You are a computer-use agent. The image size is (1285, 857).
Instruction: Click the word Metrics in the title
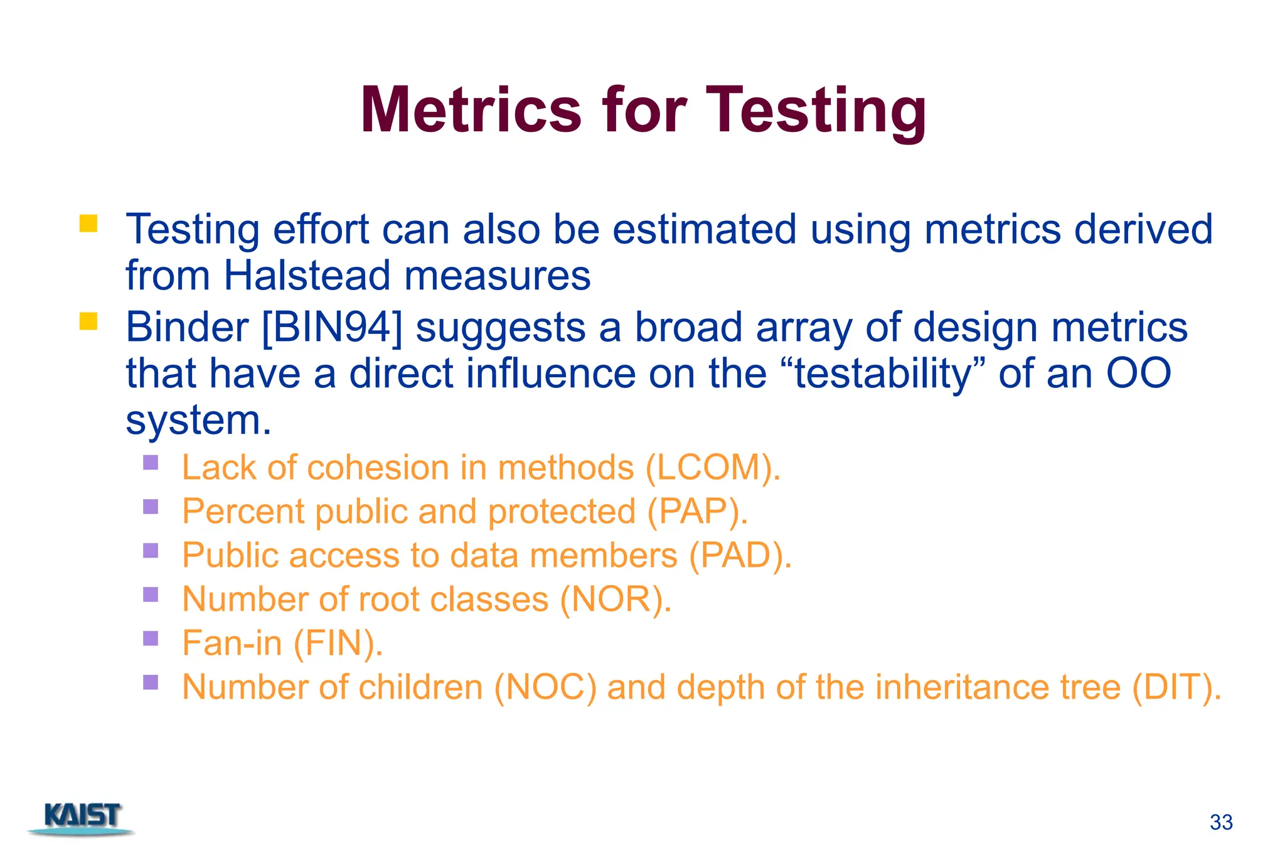pyautogui.click(x=471, y=110)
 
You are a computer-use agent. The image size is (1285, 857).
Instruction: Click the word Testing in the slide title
pyautogui.click(x=816, y=110)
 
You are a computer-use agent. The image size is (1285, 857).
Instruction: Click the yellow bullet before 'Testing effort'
pyautogui.click(x=88, y=224)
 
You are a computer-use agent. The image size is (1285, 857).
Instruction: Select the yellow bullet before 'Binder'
pyautogui.click(x=88, y=321)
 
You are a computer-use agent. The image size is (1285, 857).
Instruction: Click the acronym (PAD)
pyautogui.click(x=738, y=556)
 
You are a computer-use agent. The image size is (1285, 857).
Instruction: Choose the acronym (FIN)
pyautogui.click(x=337, y=644)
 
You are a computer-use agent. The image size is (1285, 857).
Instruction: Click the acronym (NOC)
pyautogui.click(x=545, y=687)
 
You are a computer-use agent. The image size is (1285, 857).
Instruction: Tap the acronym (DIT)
pyautogui.click(x=1175, y=687)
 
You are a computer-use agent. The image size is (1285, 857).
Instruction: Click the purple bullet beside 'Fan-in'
pyautogui.click(x=151, y=638)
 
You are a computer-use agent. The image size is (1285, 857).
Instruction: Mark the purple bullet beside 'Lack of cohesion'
pyautogui.click(x=151, y=463)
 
